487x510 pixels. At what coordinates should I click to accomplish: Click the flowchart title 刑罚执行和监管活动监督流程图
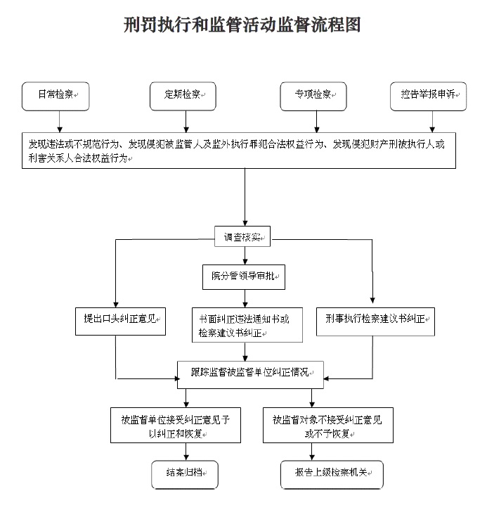242,25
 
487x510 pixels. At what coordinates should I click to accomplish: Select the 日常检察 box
56,96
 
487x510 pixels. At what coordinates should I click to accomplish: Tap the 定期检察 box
183,96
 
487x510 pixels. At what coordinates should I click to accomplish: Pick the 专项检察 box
313,96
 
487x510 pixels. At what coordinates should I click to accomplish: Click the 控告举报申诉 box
428,96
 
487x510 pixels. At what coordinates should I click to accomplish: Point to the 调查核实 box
242,236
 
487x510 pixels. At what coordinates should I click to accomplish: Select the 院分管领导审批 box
244,277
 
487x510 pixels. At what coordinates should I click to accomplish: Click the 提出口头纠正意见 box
121,321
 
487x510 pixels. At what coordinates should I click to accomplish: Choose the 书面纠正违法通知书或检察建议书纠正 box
247,325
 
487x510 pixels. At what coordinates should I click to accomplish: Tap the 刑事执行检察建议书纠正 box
375,321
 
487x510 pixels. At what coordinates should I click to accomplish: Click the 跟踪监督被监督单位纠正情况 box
250,375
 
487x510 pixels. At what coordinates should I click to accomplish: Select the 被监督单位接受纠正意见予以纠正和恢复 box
176,425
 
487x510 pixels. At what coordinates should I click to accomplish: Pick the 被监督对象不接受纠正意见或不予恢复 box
328,425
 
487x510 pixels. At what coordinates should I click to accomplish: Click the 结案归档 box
185,475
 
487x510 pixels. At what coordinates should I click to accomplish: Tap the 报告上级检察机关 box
332,475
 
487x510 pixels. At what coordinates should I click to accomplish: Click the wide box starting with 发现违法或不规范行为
239,151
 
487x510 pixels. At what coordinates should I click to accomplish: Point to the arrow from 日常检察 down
60,122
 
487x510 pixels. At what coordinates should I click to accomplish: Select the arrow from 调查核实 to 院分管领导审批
245,255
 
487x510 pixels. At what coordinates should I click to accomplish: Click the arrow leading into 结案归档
186,452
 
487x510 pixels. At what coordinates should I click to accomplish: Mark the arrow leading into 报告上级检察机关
312,452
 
